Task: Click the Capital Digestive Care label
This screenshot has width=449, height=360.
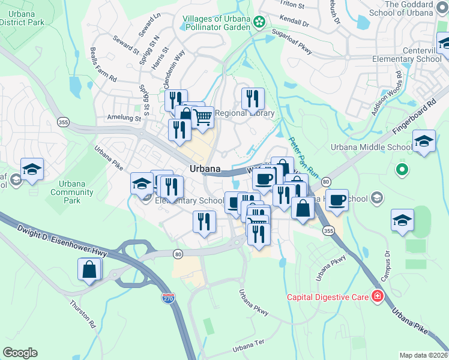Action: click(x=328, y=296)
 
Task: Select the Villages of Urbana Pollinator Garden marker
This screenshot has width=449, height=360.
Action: click(x=259, y=22)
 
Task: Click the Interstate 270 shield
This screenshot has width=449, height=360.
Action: click(x=169, y=298)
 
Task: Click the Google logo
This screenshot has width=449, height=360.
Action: click(x=20, y=353)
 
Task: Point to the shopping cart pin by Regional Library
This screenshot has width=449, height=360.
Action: click(x=203, y=117)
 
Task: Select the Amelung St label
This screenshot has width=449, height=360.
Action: click(x=122, y=118)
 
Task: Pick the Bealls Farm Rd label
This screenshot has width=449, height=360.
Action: click(x=103, y=64)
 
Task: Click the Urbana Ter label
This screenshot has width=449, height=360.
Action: click(x=249, y=347)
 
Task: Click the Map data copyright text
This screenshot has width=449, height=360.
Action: click(x=424, y=355)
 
